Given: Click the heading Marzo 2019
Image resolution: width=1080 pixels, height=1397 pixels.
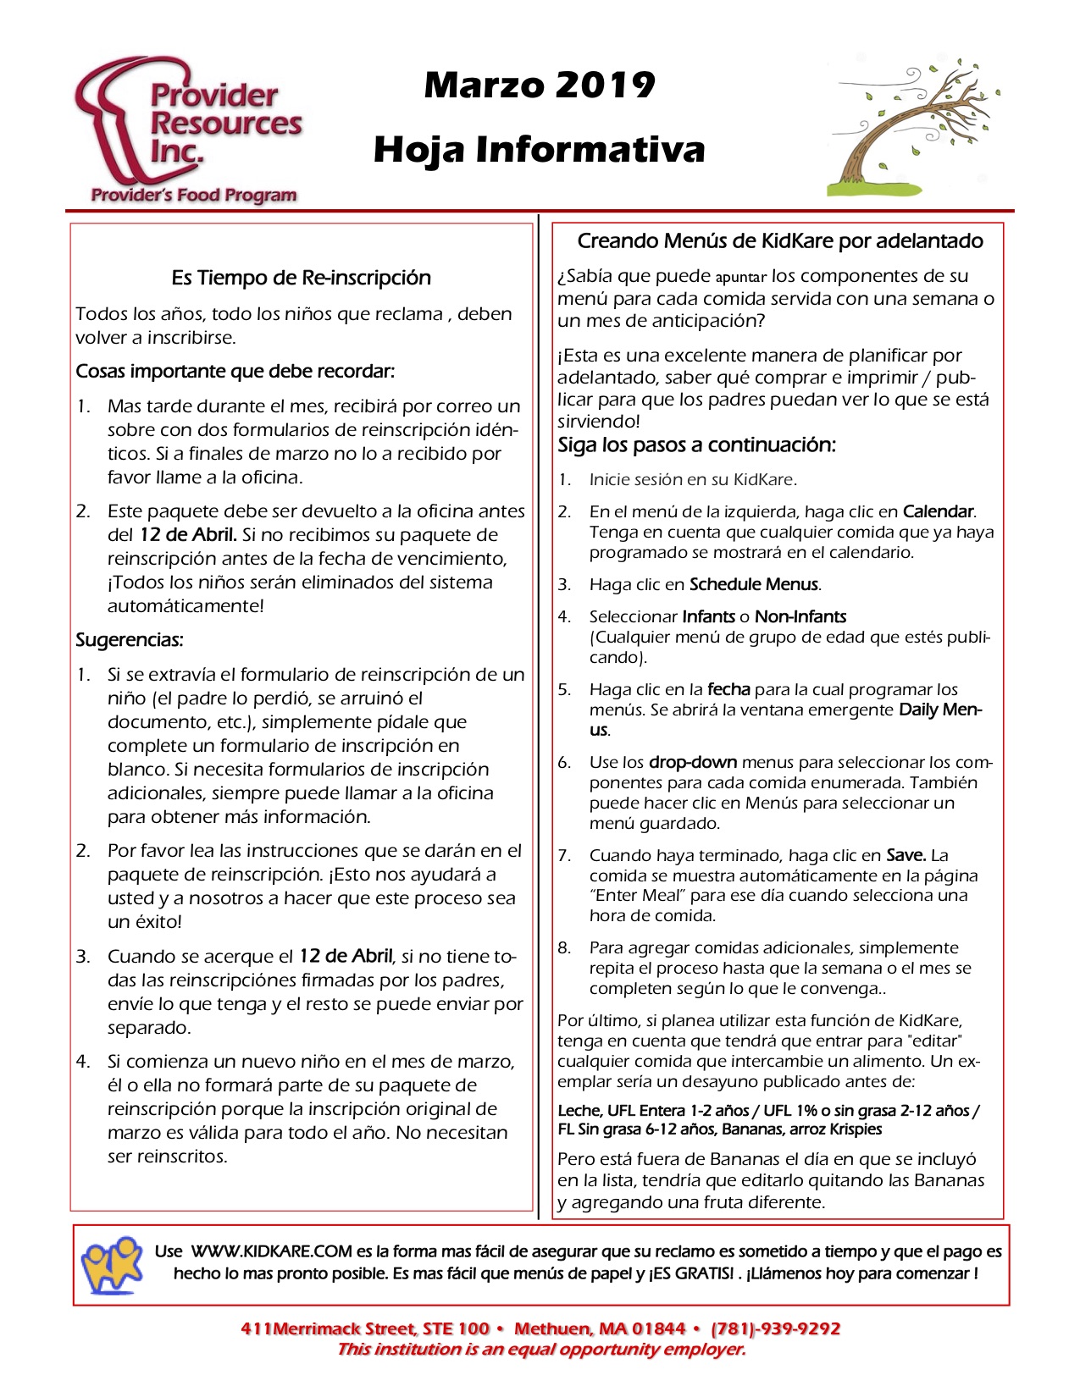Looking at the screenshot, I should click(540, 85).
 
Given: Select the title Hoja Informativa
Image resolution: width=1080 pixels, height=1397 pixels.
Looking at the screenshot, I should click(540, 150).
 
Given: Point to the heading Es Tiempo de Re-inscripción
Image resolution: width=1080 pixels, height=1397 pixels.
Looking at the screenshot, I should click(301, 278).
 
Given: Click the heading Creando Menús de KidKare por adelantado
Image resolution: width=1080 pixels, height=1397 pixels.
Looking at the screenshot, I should click(779, 241).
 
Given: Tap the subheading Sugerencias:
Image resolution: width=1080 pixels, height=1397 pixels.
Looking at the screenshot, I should click(130, 640).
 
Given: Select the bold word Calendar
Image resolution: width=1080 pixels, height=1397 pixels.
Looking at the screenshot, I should click(939, 511).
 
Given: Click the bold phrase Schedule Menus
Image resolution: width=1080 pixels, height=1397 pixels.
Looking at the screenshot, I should click(754, 584).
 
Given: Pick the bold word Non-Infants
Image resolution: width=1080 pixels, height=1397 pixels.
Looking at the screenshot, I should click(800, 616).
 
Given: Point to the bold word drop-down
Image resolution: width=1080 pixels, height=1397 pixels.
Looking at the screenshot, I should click(693, 762).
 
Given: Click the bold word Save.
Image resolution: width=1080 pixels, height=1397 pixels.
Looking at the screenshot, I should click(906, 855).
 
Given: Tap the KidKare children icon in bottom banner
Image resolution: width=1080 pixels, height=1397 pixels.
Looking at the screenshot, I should click(112, 1264).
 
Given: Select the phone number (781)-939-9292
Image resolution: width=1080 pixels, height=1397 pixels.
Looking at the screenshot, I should click(775, 1328).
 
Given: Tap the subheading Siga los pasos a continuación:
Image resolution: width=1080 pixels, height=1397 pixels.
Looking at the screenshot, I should click(696, 445).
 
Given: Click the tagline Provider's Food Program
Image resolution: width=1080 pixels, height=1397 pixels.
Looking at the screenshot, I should click(194, 196).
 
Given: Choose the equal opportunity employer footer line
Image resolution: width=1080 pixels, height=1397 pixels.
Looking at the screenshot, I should click(540, 1350).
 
